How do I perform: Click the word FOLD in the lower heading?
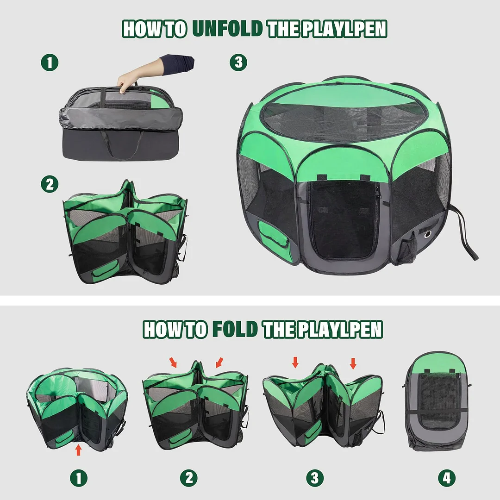(x=235, y=329)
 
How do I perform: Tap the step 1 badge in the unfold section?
(x=50, y=62)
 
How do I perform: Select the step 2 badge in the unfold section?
(x=50, y=184)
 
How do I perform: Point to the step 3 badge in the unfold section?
(x=238, y=62)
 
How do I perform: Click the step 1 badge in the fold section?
(x=78, y=478)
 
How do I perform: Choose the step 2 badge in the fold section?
(x=189, y=478)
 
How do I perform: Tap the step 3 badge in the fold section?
(x=315, y=478)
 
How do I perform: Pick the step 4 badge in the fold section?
(x=446, y=478)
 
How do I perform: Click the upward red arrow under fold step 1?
(x=78, y=449)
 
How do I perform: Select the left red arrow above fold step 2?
(x=173, y=362)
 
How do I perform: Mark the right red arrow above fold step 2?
(x=219, y=361)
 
